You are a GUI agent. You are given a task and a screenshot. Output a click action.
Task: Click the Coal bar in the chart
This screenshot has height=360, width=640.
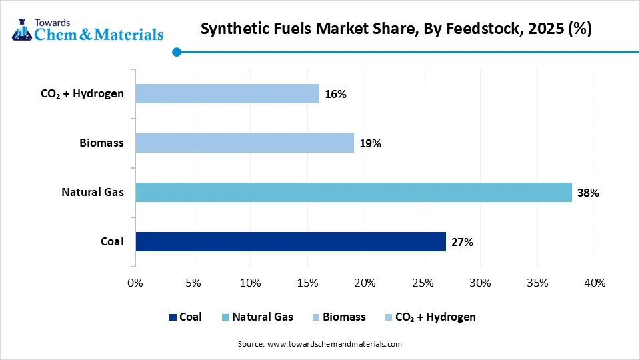coord(291,242)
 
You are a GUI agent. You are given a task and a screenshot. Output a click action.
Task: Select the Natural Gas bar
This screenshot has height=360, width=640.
coord(353,193)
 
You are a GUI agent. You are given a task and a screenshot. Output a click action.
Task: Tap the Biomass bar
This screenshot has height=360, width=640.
coord(244,143)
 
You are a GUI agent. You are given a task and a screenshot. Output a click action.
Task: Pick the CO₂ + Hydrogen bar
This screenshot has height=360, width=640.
coord(227,94)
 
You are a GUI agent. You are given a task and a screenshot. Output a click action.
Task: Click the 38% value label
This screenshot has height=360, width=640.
coord(589,193)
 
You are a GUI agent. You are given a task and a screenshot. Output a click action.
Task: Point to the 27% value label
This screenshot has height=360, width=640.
coord(462,243)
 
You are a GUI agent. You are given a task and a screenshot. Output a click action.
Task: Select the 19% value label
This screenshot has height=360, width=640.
coord(370,143)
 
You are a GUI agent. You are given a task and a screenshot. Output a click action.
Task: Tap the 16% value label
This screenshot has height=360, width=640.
coord(335,95)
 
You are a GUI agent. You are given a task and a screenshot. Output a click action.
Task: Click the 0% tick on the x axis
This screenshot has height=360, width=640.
coord(135,283)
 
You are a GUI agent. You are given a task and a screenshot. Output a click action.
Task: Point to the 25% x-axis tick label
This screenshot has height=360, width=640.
coord(423,283)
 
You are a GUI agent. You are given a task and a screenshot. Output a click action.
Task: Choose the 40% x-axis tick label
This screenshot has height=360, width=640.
coord(595,283)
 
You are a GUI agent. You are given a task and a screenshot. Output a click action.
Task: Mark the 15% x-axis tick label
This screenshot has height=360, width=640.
coord(307,283)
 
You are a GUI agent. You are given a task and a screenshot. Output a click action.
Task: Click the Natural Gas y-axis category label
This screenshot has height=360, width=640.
coord(93,193)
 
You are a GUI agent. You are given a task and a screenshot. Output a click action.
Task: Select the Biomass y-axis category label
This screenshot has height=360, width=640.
coord(101,143)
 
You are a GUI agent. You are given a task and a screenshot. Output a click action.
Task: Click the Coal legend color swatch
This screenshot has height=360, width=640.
coord(173,317)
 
